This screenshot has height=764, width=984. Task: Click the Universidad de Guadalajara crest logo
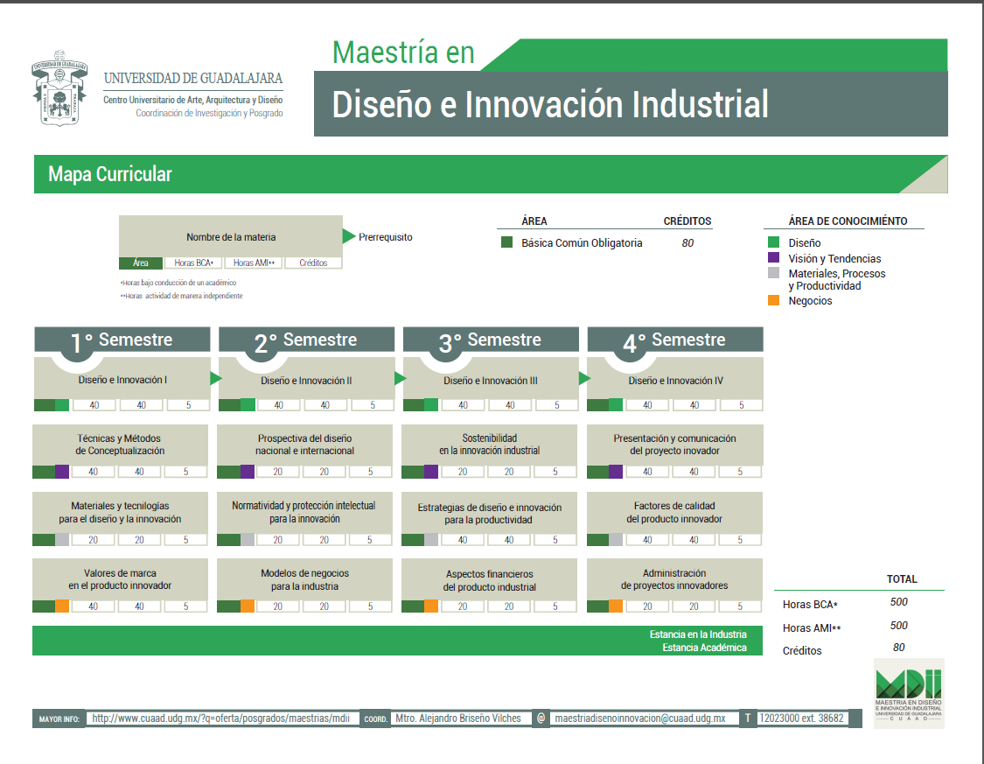(x=59, y=88)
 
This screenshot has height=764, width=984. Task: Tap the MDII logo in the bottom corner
(x=909, y=693)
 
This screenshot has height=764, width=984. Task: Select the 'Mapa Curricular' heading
(x=110, y=174)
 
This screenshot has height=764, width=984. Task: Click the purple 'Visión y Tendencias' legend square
(x=774, y=258)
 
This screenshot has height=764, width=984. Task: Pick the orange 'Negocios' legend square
(x=774, y=301)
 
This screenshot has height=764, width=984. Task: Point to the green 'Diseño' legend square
(x=774, y=242)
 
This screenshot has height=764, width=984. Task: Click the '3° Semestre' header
(x=491, y=340)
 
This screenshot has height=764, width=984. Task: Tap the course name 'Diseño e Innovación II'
(x=306, y=381)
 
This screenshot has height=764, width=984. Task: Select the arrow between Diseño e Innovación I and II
(x=216, y=378)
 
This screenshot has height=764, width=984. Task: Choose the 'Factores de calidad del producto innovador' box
(x=674, y=519)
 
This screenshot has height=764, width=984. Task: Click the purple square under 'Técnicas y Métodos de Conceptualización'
(x=62, y=472)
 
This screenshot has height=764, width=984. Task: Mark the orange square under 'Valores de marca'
(x=62, y=606)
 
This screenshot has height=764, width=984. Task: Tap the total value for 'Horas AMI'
(x=898, y=626)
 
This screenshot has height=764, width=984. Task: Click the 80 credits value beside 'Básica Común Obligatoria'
(x=687, y=243)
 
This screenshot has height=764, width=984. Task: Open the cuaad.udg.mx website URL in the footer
(x=221, y=718)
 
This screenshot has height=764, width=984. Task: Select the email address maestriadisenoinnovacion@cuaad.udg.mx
(x=640, y=718)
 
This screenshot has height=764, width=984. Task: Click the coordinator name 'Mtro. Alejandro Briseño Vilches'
(x=458, y=718)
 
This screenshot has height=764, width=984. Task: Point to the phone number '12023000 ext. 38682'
(x=801, y=718)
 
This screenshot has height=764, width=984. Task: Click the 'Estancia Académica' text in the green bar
(x=704, y=648)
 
